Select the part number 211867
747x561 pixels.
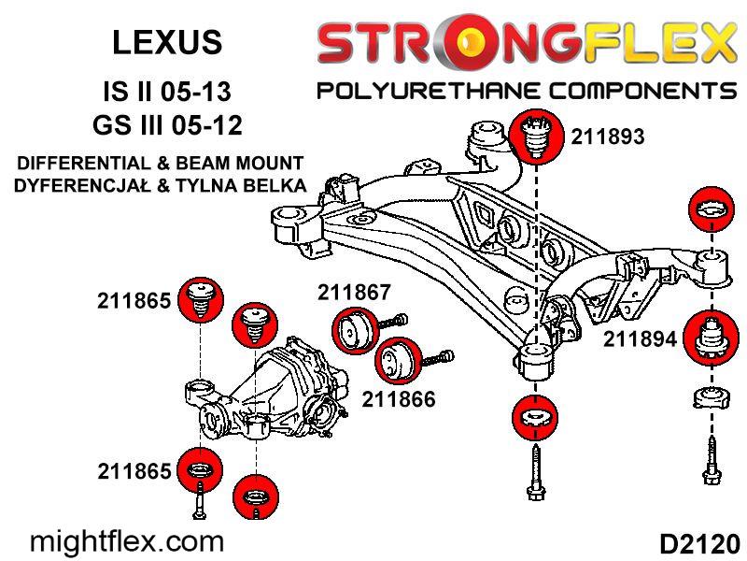353,291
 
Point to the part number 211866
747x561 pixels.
399,399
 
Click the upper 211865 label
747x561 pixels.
133,301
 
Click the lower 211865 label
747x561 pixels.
133,471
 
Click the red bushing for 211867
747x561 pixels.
355,333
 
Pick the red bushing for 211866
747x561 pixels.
397,359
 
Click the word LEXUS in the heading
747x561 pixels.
167,42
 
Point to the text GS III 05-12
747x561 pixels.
167,124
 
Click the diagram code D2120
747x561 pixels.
698,542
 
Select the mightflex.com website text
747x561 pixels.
128,540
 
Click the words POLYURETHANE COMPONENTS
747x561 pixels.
527,91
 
